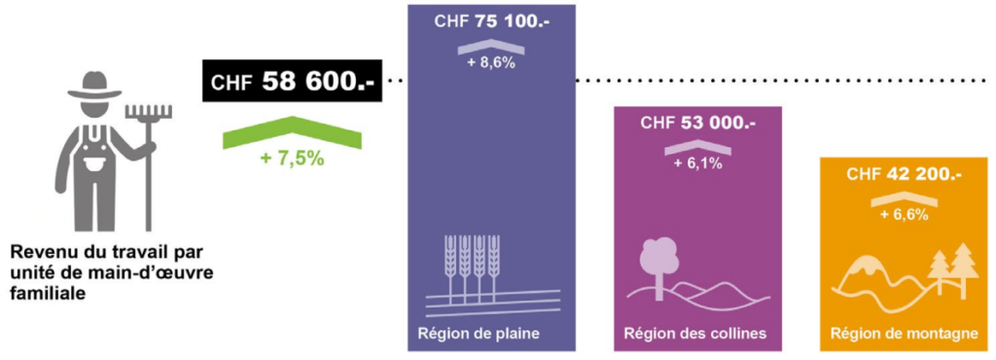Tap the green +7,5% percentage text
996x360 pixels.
tap(292, 158)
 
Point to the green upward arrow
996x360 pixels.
tap(292, 131)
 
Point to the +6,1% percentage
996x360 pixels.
tap(697, 163)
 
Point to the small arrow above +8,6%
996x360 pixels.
tap(490, 47)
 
